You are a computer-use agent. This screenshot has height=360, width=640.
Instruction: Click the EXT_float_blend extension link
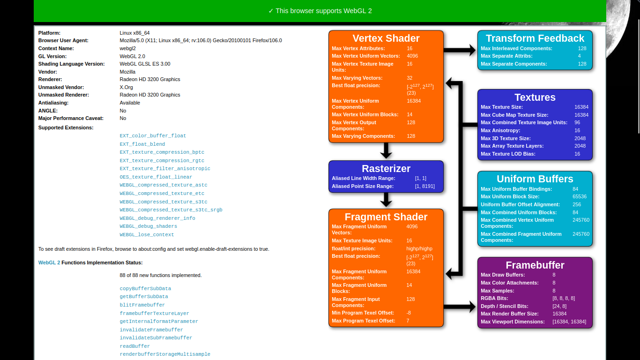click(142, 144)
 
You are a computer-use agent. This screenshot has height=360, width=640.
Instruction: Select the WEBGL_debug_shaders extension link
click(148, 226)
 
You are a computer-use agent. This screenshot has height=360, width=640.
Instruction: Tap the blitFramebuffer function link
click(142, 305)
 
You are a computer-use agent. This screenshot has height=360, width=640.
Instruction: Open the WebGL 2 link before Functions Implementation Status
click(49, 262)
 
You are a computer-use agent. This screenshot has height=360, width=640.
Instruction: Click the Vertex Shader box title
click(386, 38)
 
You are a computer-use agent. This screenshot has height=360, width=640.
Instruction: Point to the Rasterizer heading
click(386, 168)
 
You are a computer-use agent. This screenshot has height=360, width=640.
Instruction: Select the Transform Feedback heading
click(535, 38)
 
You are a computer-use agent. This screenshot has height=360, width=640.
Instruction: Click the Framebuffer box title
click(535, 265)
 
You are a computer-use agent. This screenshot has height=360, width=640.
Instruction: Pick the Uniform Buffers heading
click(535, 179)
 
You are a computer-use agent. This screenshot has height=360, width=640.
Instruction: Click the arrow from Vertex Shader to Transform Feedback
click(460, 50)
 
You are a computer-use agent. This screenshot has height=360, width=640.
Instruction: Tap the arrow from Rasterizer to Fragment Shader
click(386, 200)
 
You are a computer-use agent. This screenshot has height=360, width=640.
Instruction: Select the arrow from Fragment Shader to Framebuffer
click(460, 307)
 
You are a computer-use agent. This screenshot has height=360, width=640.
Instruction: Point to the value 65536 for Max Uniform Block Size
click(580, 197)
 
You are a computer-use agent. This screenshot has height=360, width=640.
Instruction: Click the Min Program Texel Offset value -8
click(409, 313)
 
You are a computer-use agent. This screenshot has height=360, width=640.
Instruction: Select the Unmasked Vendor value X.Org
click(126, 87)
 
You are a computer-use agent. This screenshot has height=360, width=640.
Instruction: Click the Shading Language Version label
click(71, 64)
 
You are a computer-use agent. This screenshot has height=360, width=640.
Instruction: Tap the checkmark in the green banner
click(271, 11)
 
